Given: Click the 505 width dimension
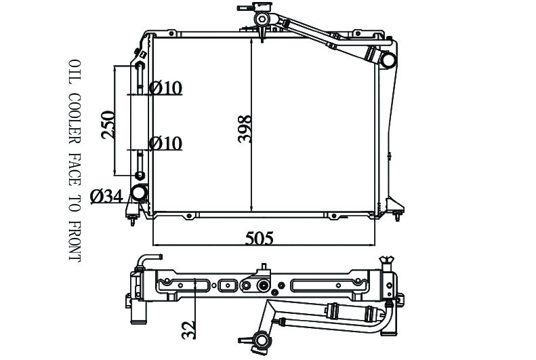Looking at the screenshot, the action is [259, 238].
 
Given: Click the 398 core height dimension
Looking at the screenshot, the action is [245, 129].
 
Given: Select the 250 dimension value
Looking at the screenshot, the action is [108, 125].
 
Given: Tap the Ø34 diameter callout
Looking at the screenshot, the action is [106, 196].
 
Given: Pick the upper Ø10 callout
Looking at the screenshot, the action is [166, 88].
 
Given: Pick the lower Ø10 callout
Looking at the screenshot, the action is [166, 143].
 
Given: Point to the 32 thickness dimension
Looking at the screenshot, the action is [188, 329].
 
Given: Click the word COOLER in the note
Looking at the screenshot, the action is [75, 118].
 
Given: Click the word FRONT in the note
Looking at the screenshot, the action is [75, 241].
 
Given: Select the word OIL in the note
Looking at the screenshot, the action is [75, 72].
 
